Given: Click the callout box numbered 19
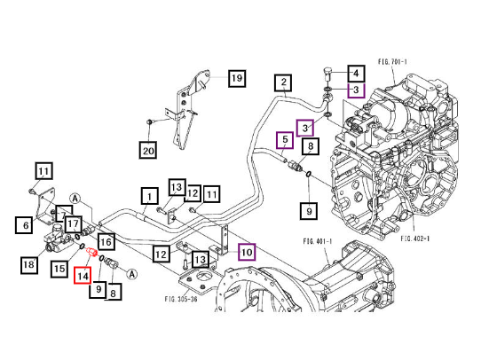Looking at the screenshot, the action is tap(237, 78).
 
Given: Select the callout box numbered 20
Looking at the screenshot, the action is tap(148, 150).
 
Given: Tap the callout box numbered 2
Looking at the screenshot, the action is tap(283, 82).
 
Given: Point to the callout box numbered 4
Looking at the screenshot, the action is tap(357, 74).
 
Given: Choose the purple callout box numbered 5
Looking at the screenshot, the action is tap(285, 140).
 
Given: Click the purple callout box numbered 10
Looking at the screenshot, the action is tap(247, 252).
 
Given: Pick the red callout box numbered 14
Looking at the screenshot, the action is tap(83, 275).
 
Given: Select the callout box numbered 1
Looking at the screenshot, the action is tap(150, 196).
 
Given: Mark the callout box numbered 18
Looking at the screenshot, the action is tap(29, 265).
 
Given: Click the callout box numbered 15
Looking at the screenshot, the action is tap(59, 268).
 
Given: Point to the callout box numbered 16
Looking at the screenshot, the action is tap(106, 241).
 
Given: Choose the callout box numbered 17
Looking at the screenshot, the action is tap(74, 224).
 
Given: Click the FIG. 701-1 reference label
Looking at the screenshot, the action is tap(392, 62).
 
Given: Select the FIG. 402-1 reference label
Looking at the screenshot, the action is tap(415, 239).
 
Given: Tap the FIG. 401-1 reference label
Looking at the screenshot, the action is tap(318, 241).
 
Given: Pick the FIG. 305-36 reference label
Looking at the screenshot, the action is tap(181, 299).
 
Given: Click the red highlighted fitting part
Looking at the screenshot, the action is tap(92, 252).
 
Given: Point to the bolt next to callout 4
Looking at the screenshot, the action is tap(327, 74).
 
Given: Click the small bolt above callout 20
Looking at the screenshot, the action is tap(150, 121).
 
